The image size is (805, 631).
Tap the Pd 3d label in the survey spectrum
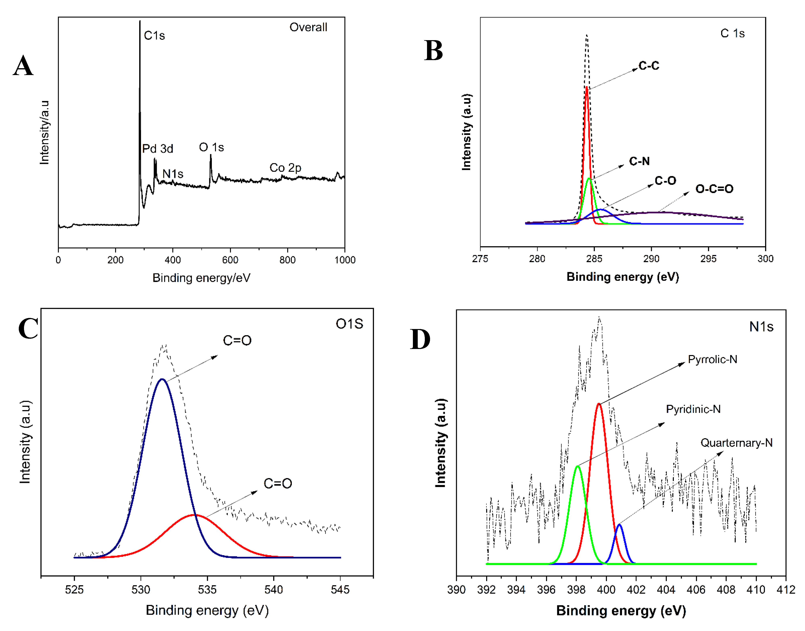pos(158,148)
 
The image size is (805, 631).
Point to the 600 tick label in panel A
pos(230,260)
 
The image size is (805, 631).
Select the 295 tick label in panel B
pos(708,259)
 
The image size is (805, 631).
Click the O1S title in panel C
pos(349,324)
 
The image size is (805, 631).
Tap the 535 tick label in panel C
pos(207,590)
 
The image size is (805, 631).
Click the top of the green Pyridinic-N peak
pos(578,467)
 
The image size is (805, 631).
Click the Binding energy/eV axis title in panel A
pos(201,278)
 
